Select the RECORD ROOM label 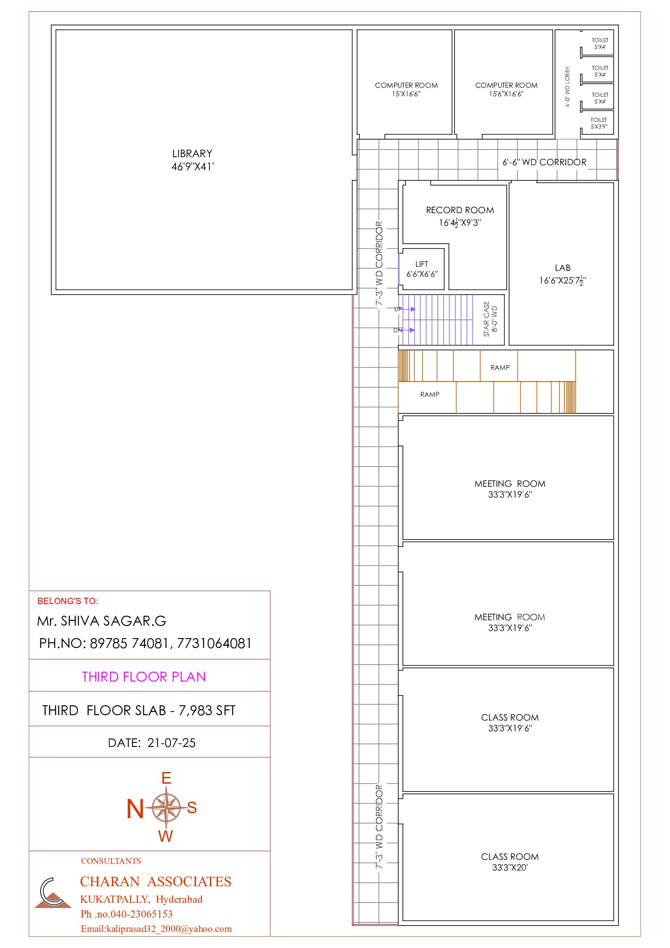(x=460, y=210)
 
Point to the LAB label (x=563, y=268)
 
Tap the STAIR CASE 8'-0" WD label (x=490, y=319)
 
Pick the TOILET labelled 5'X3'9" (x=599, y=123)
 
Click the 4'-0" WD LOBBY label (x=568, y=87)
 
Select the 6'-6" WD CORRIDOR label (x=544, y=162)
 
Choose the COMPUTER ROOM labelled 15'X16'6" (x=406, y=90)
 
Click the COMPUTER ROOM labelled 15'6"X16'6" (x=506, y=90)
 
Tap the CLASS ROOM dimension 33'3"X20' (x=510, y=867)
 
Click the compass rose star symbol (x=166, y=807)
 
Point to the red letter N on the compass (x=135, y=809)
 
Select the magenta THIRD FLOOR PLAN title (x=144, y=677)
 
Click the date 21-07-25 (x=171, y=743)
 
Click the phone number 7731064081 (x=214, y=643)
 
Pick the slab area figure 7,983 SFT (x=207, y=711)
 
